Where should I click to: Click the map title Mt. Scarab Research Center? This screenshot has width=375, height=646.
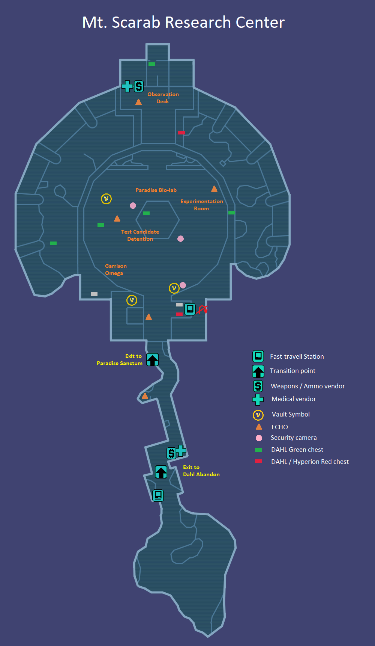[183, 23]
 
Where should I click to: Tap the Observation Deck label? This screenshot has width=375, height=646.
[163, 98]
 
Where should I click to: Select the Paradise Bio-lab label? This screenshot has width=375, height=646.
[156, 190]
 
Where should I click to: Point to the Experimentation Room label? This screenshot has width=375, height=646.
[202, 205]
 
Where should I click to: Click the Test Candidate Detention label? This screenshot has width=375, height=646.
[140, 235]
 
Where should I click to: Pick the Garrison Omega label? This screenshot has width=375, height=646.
[115, 269]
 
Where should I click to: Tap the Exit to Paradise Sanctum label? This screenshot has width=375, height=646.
[120, 359]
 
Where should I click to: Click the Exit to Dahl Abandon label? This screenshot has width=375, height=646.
[201, 471]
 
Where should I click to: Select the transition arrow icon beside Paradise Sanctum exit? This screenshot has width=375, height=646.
[152, 360]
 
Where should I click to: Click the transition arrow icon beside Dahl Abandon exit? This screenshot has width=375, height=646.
[161, 472]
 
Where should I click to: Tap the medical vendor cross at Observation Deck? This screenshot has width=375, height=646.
[127, 86]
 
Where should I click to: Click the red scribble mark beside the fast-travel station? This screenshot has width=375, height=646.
[202, 309]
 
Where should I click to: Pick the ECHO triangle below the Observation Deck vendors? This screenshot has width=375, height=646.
[138, 102]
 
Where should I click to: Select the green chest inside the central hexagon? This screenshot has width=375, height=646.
[146, 213]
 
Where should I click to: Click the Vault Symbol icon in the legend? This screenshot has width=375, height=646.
[258, 415]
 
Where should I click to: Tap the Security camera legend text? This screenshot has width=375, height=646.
[294, 438]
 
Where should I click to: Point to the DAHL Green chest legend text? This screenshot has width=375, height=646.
[297, 450]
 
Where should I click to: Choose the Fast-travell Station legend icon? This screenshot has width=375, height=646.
[258, 356]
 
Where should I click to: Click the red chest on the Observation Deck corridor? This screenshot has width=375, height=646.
[181, 132]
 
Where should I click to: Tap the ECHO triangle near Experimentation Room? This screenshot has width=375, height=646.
[214, 189]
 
